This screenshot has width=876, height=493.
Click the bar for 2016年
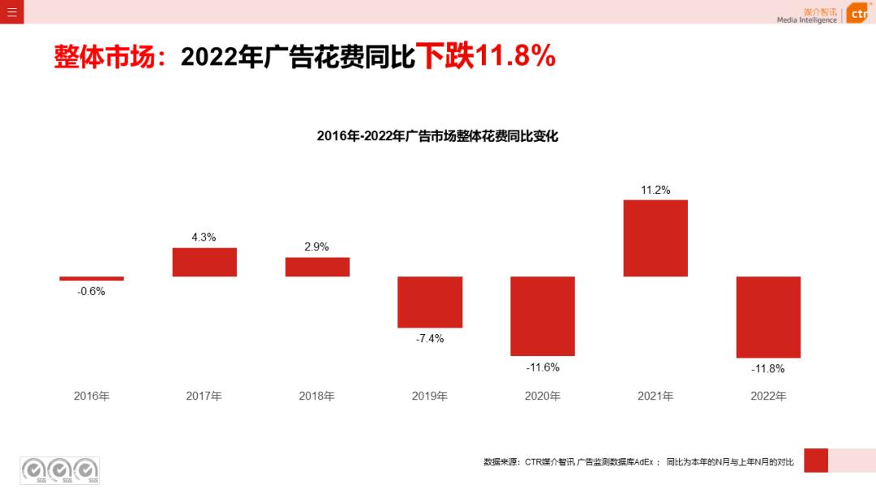92,279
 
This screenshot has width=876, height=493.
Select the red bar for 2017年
204,262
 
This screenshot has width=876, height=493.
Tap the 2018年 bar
317,267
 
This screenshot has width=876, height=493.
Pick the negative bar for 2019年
430,302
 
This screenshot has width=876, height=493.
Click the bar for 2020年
543,316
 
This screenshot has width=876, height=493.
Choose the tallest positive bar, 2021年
655,238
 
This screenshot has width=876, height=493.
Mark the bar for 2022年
768,317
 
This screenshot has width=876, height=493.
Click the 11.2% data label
655,190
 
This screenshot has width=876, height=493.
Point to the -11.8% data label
768,369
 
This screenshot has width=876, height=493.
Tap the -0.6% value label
92,291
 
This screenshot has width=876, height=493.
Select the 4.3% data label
204,238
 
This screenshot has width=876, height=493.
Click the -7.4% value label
430,339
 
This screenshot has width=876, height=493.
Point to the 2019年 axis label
430,397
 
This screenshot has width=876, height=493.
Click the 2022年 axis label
768,397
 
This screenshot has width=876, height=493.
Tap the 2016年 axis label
92,397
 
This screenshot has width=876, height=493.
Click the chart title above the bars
437,136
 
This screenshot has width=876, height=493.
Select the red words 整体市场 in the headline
104,57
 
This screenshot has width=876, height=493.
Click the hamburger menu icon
11,11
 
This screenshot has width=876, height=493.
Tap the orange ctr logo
858,13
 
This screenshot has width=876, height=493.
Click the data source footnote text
638,462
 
